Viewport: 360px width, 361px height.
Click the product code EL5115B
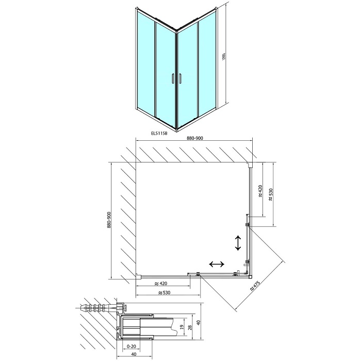click(158, 133)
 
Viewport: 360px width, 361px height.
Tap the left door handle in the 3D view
click(173, 78)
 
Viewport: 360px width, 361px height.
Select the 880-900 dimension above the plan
click(194, 138)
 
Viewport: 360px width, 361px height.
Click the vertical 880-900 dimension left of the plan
click(109, 220)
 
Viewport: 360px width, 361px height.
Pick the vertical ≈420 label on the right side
click(260, 191)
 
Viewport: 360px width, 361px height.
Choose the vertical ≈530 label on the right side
click(271, 194)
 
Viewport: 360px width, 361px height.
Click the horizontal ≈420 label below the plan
click(161, 283)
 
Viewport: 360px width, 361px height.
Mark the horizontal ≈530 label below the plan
click(163, 292)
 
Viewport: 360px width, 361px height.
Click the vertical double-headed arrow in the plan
click(238, 243)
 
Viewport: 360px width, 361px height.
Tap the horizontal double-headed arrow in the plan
click(217, 264)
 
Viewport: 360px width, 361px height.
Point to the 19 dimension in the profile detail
click(181, 326)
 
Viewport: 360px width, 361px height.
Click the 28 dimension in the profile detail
click(190, 327)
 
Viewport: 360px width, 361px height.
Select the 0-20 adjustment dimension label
click(131, 346)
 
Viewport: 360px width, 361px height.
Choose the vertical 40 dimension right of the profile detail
click(199, 322)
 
